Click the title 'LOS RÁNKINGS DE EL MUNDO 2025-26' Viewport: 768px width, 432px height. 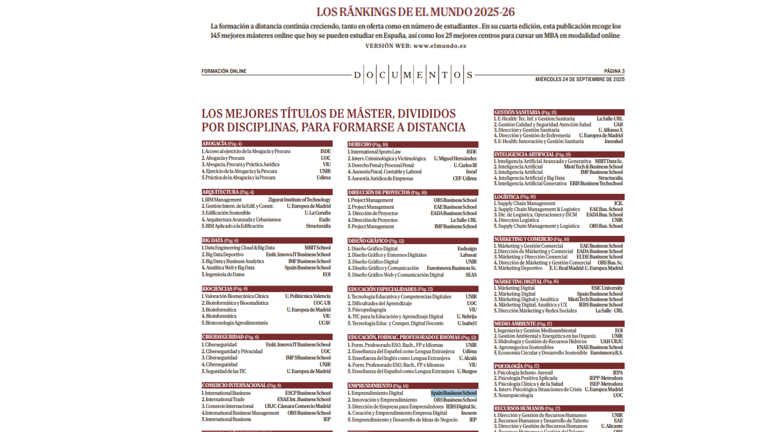pos(415,12)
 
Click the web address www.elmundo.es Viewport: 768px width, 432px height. pos(440,46)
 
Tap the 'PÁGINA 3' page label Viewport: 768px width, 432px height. pos(614,71)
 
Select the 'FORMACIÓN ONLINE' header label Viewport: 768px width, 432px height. pos(224,71)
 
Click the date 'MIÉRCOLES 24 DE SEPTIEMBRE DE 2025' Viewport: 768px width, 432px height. pos(580,79)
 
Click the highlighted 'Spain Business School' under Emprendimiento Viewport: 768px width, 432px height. pos(454,393)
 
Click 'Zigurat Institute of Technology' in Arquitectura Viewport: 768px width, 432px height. pos(299,200)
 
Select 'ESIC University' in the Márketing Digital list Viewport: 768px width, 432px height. pos(607,288)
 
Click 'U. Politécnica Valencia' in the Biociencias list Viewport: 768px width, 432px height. pos(308,296)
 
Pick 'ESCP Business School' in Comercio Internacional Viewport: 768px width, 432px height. pos(308,393)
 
